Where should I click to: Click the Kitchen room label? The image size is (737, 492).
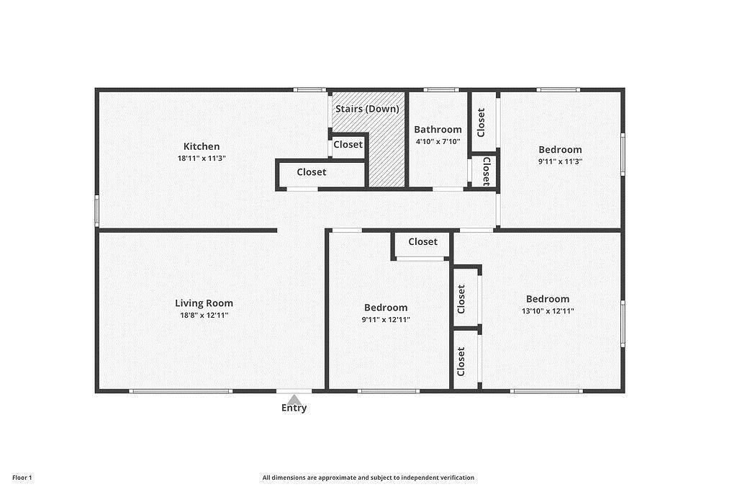click(x=201, y=146)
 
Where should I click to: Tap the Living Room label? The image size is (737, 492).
click(x=204, y=303)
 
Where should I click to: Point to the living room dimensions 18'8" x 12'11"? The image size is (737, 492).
click(x=204, y=316)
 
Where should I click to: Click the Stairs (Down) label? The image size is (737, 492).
click(x=367, y=109)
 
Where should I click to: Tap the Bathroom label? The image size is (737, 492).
click(x=438, y=130)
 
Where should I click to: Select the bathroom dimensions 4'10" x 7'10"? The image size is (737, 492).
click(x=438, y=142)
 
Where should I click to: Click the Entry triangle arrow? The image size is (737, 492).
click(x=294, y=398)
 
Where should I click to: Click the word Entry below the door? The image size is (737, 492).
click(x=294, y=408)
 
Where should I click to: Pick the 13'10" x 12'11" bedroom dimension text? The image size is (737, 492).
click(x=547, y=311)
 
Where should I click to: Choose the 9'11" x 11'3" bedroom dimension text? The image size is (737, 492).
click(x=560, y=162)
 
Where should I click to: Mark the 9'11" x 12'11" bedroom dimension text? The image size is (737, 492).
click(x=386, y=320)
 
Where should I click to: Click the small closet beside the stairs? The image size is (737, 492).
click(x=348, y=145)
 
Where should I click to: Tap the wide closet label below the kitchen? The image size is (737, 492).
click(x=312, y=172)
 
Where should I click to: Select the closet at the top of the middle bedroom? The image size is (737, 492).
click(x=422, y=242)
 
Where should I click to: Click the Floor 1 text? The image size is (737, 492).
click(x=22, y=478)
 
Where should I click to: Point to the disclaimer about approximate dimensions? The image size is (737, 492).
click(x=368, y=478)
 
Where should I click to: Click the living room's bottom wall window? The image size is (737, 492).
click(x=181, y=391)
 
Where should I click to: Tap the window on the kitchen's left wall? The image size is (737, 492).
click(x=97, y=211)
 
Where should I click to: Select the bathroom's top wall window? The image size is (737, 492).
click(x=441, y=90)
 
